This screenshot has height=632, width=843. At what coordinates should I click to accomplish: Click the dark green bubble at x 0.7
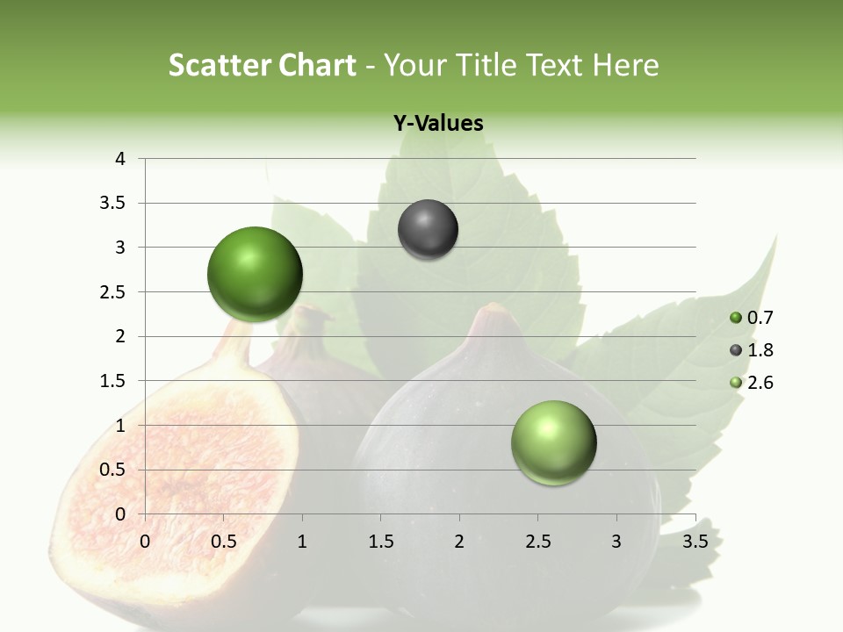tap(256, 274)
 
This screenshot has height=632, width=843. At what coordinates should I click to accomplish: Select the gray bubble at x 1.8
tap(428, 230)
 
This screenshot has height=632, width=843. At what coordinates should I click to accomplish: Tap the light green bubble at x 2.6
tap(553, 442)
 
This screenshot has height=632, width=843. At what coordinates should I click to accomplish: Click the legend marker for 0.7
tap(736, 318)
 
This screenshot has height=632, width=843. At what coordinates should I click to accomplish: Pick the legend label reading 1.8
tap(760, 350)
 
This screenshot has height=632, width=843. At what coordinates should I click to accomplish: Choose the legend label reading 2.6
tap(760, 383)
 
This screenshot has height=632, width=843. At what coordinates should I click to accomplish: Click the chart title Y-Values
tap(438, 124)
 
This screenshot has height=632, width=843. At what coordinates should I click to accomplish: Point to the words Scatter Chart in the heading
tap(262, 65)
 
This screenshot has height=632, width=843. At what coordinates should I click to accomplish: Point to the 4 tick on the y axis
tap(120, 159)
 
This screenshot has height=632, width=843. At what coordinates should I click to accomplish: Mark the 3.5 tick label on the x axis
tap(695, 542)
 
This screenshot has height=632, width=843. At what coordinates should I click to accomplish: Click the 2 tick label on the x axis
tap(459, 542)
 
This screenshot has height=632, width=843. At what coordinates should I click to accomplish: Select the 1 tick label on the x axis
tap(302, 542)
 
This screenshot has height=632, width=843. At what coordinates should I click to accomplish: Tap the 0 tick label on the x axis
tap(145, 542)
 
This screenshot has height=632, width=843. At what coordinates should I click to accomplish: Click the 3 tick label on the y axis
tap(120, 248)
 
